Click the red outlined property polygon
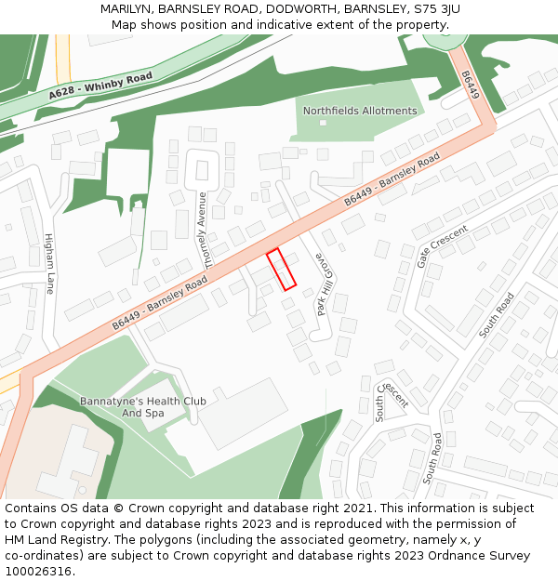(281, 270)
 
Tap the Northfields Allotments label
(360, 111)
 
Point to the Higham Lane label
(49, 264)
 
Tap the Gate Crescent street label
(442, 245)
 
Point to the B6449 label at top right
(472, 85)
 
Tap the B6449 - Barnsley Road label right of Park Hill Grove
(392, 180)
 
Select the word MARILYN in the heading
(128, 9)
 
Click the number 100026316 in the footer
(38, 572)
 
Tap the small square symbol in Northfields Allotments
(323, 124)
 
